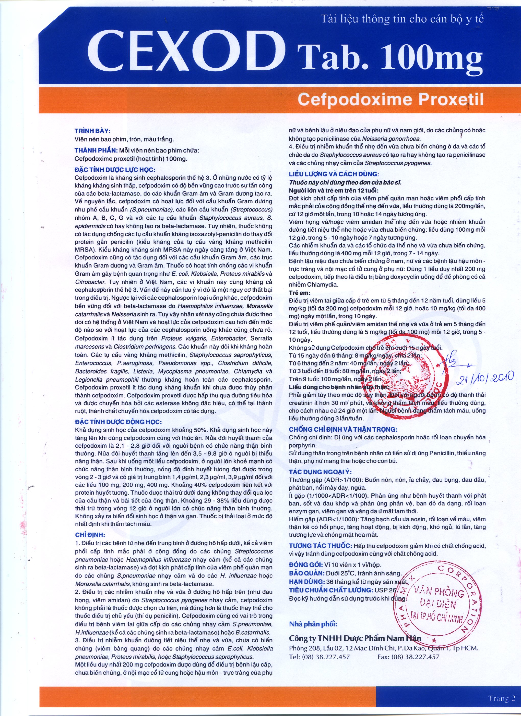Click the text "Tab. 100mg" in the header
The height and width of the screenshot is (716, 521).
click(x=389, y=58)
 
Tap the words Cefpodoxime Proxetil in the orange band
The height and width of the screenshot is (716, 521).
click(x=390, y=99)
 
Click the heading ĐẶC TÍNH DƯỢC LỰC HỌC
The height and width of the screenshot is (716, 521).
click(x=115, y=170)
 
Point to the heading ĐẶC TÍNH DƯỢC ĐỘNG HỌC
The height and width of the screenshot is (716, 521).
click(x=118, y=422)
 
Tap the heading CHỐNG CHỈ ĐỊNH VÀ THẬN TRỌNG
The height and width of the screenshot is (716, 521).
click(x=343, y=429)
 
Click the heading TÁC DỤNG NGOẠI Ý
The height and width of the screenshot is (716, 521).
click(x=320, y=472)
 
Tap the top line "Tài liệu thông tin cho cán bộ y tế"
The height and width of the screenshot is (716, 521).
click(x=402, y=19)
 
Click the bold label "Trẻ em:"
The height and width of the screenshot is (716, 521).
click(x=300, y=293)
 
